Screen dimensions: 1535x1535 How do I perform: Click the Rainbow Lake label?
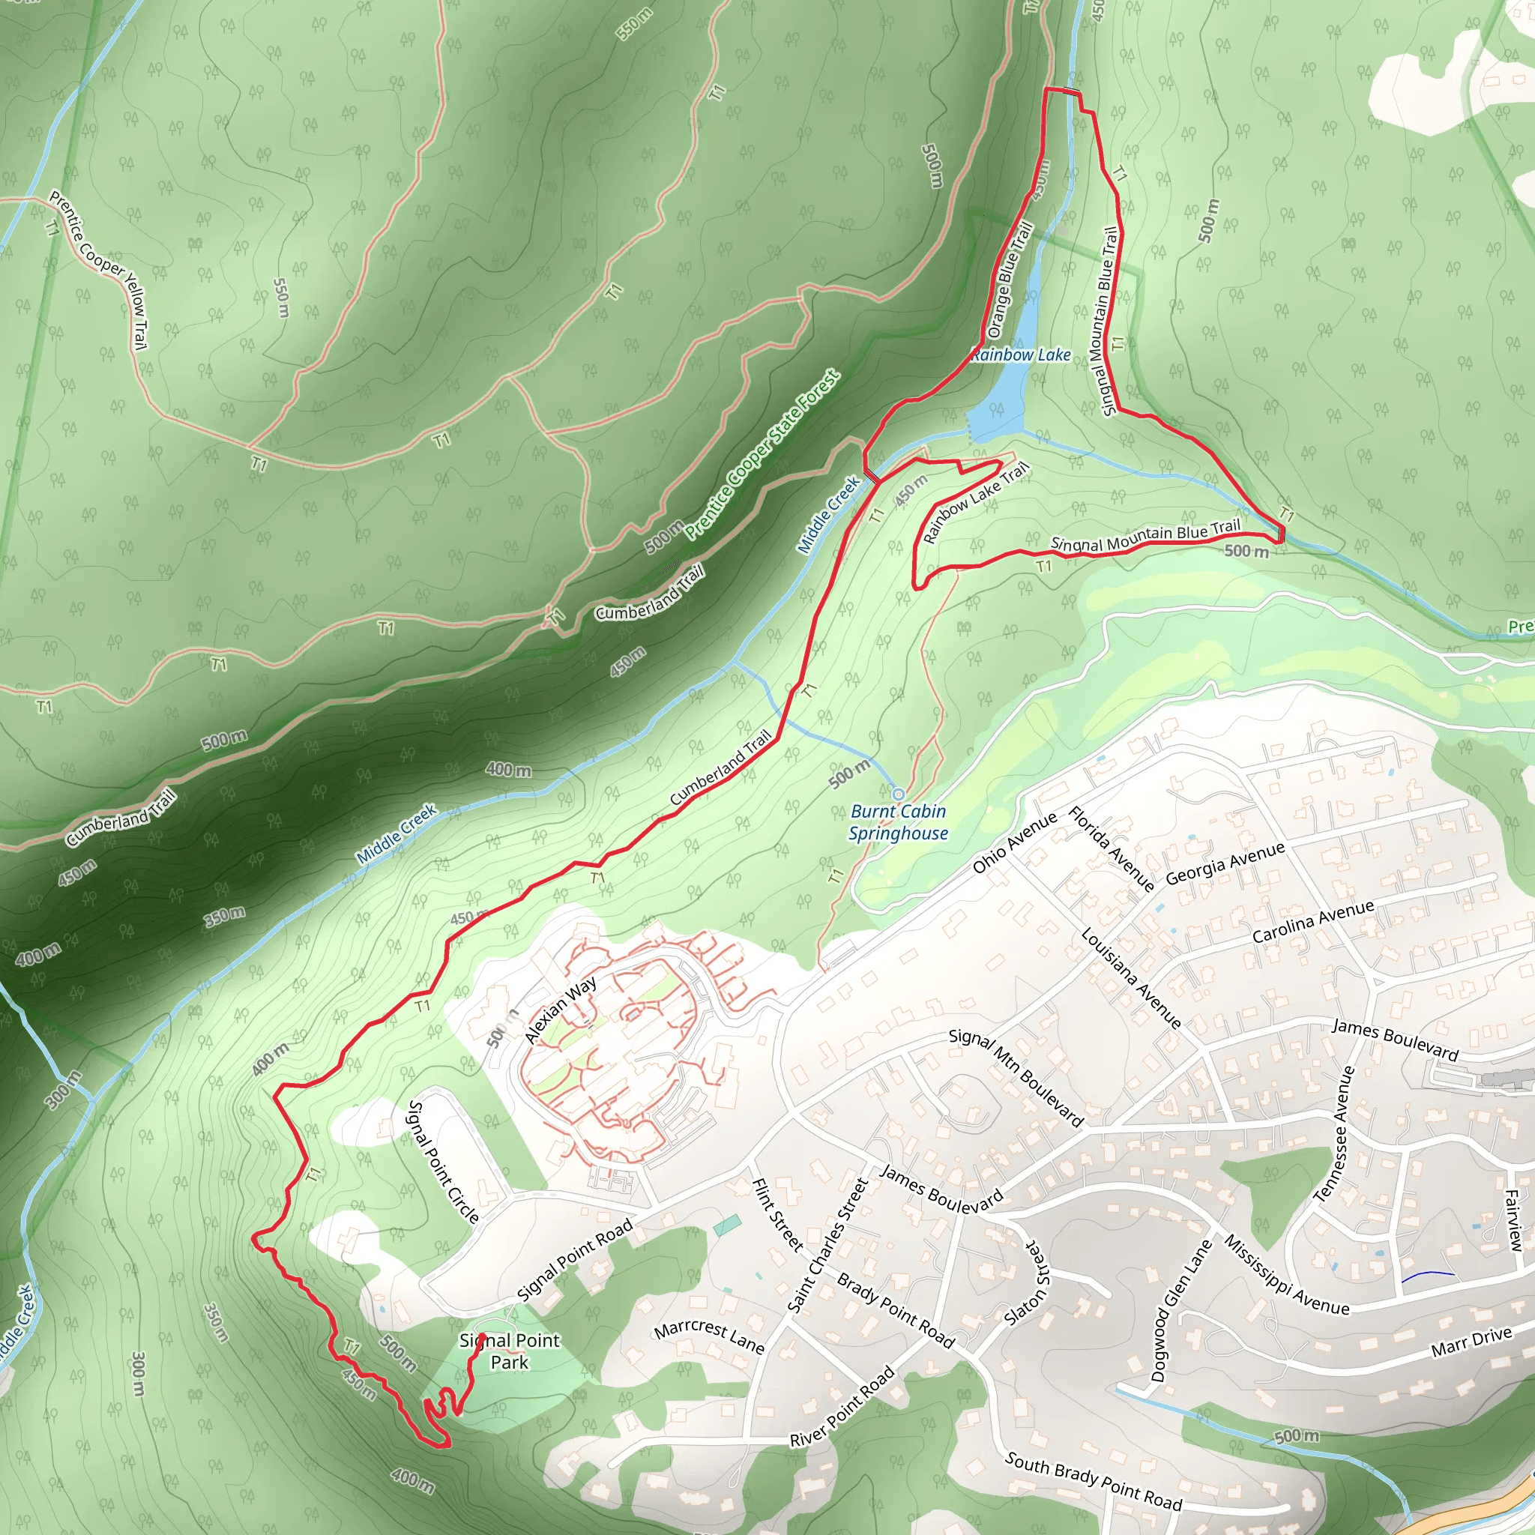point(1020,355)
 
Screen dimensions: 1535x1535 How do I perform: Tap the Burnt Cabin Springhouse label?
point(898,822)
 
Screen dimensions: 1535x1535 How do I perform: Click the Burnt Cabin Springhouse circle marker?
point(899,794)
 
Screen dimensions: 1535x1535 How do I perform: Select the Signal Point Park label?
point(509,1351)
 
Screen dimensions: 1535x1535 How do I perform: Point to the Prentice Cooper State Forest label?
point(763,455)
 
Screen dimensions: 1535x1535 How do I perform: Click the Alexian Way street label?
point(561,1010)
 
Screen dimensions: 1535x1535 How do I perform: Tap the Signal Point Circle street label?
point(444,1162)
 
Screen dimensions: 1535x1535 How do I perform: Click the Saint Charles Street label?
point(828,1246)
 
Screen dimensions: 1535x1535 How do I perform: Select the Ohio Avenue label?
point(1015,843)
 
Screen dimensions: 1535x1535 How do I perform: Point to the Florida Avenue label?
point(1111,848)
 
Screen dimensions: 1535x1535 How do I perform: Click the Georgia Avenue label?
point(1225,863)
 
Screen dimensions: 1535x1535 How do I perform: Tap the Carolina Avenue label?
point(1312,922)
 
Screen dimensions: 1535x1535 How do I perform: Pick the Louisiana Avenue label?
point(1130,977)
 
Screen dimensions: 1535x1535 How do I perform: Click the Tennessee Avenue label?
point(1334,1133)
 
